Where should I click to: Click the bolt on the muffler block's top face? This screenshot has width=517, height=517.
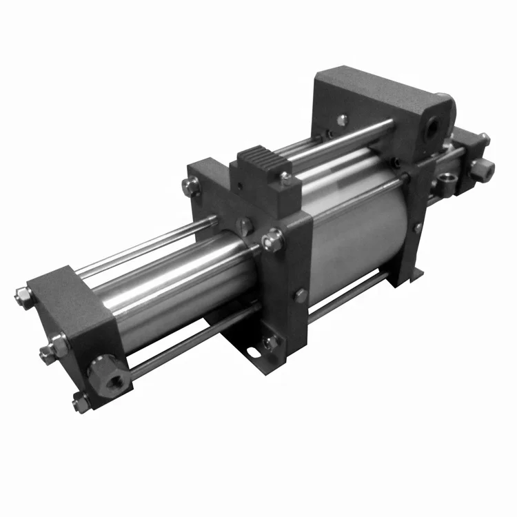coord(286,181)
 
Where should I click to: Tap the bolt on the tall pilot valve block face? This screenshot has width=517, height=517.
coord(343,119)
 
